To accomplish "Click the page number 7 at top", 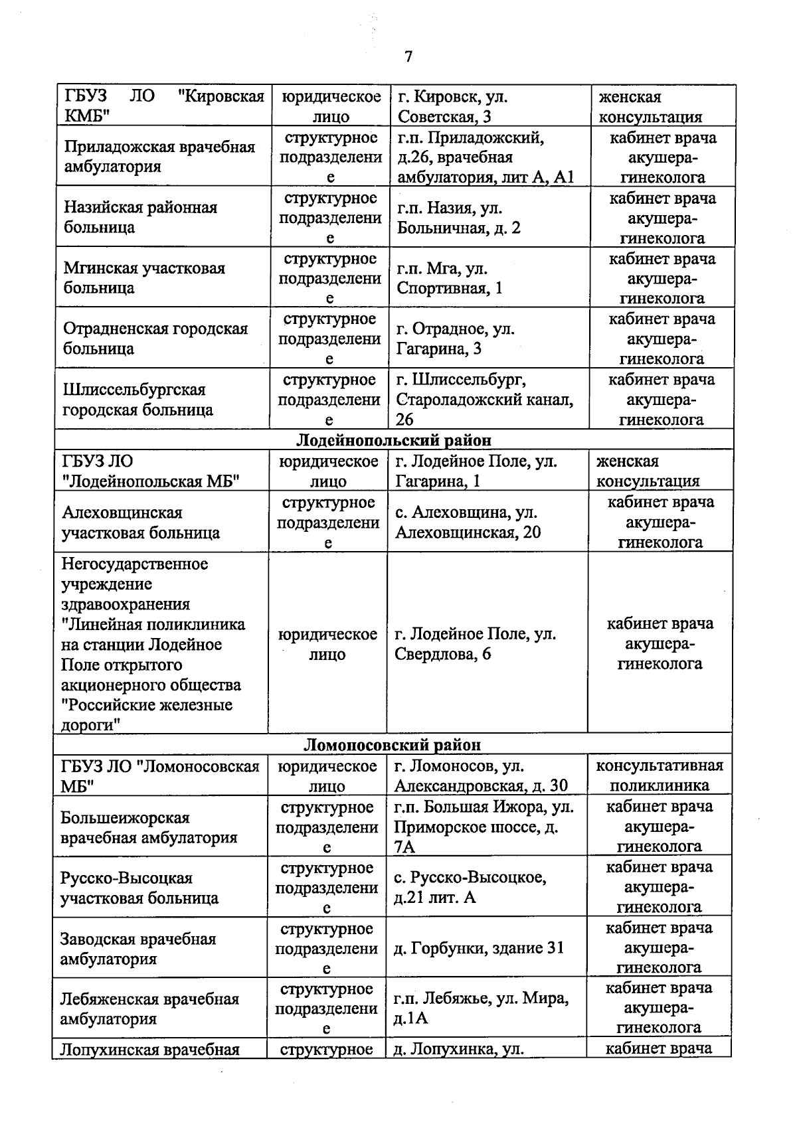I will [408, 57].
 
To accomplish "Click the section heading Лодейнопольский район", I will [394, 440].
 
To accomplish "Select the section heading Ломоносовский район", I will [393, 745].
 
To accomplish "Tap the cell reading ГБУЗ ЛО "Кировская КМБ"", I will [163, 106].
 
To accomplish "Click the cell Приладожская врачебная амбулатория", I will [159, 157].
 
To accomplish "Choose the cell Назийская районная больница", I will [140, 217].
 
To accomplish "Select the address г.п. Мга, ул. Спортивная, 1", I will [450, 278].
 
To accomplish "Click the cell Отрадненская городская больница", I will [155, 339].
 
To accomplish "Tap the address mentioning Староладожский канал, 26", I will [484, 400].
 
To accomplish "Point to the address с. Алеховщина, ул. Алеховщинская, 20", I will [468, 522].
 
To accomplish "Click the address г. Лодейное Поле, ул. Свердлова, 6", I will [475, 644].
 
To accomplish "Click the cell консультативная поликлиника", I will [659, 775].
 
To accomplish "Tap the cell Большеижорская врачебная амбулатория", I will [149, 827].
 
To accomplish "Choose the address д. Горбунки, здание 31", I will [478, 948].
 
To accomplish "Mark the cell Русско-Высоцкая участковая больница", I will [139, 888].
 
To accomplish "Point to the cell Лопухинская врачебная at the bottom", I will [149, 1050].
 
